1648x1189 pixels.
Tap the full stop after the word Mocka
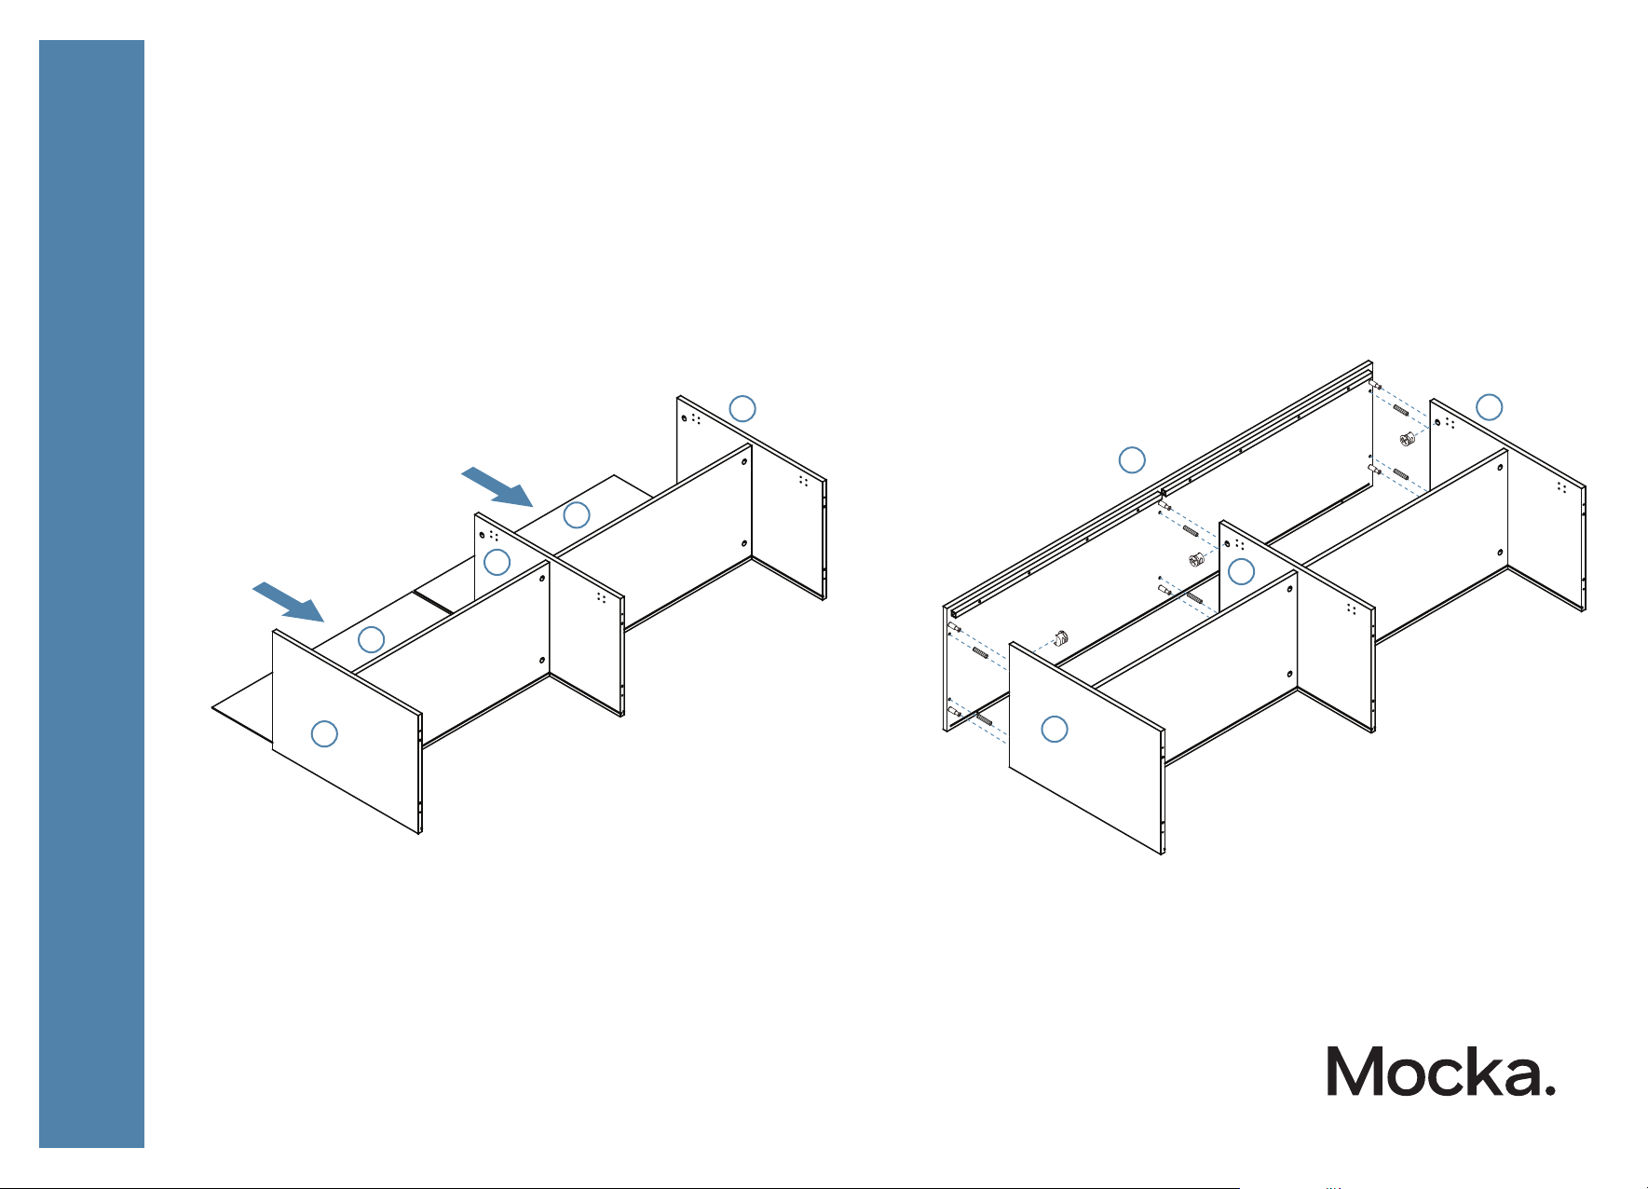click(1549, 1089)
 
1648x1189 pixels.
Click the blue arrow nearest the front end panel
click(289, 602)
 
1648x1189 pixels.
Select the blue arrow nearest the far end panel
click(497, 486)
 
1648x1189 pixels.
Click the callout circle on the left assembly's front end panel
click(324, 733)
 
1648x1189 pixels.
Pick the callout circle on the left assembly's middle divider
click(497, 562)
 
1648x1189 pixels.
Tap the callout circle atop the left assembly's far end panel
click(742, 408)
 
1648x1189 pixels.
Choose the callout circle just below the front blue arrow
click(372, 639)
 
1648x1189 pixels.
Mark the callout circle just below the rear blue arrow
click(577, 514)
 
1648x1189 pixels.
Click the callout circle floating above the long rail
click(1132, 459)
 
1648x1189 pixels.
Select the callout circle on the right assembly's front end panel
click(1055, 729)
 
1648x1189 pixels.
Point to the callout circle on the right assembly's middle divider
click(1242, 571)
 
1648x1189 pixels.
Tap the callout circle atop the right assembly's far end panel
click(1490, 406)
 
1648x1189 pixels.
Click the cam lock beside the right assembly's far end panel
click(1409, 439)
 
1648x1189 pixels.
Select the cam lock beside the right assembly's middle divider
click(1198, 560)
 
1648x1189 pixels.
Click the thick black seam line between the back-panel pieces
click(434, 601)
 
